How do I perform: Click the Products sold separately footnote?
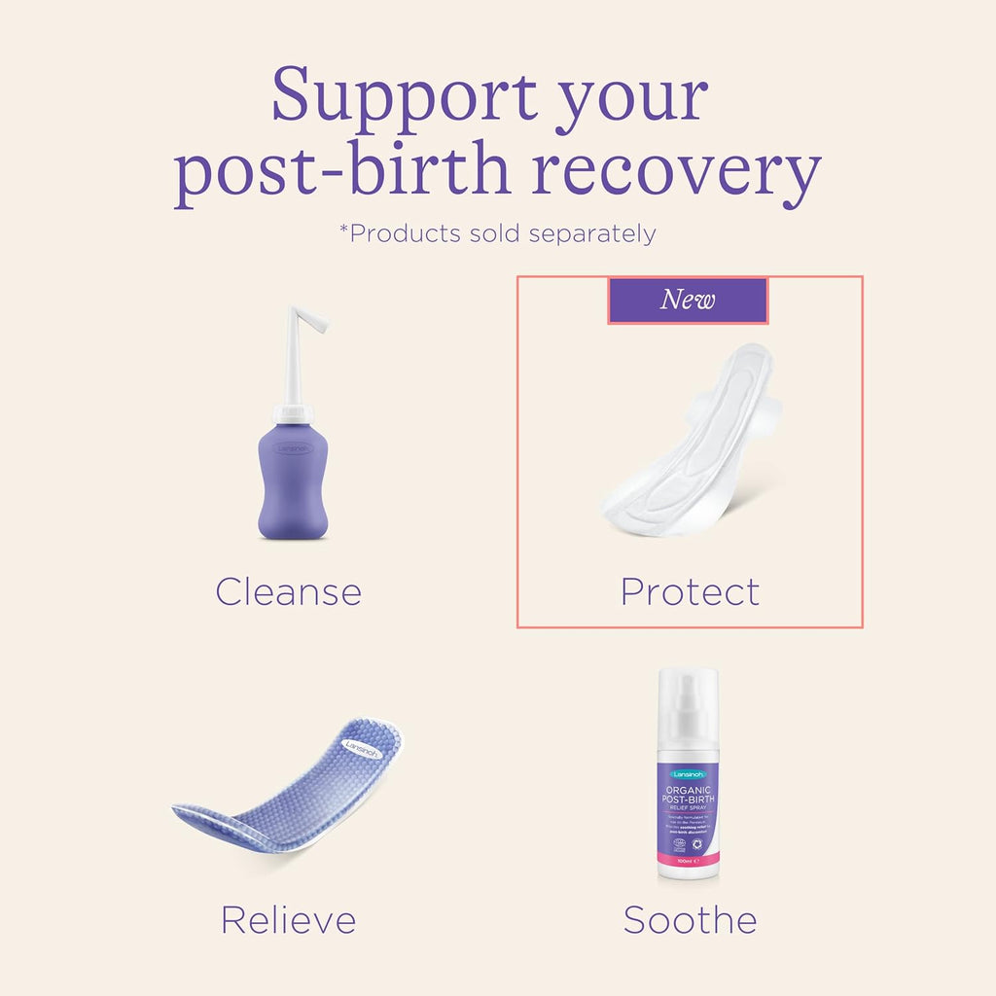pyautogui.click(x=497, y=234)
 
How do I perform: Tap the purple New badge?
pyautogui.click(x=688, y=301)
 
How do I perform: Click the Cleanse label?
pyautogui.click(x=288, y=591)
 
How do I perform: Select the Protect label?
pyautogui.click(x=690, y=591)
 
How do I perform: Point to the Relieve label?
pyautogui.click(x=288, y=919)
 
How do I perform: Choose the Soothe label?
pyautogui.click(x=690, y=919)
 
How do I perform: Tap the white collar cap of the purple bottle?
pyautogui.click(x=294, y=412)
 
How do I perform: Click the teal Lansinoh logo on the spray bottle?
pyautogui.click(x=688, y=773)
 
